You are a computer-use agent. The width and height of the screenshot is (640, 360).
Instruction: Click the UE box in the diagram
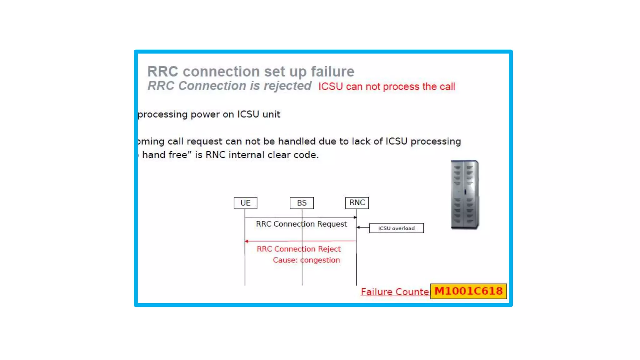[x=245, y=203]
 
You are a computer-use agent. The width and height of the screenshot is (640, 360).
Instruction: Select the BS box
[x=302, y=203]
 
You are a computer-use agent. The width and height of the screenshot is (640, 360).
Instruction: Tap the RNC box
[x=357, y=202]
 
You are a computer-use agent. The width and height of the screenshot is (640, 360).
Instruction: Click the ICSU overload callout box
[x=396, y=228]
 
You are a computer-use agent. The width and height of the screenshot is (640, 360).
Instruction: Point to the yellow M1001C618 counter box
[x=468, y=291]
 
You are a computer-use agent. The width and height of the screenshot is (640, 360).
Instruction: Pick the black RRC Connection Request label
[x=301, y=224]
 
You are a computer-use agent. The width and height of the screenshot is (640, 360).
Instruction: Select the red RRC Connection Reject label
[x=298, y=249]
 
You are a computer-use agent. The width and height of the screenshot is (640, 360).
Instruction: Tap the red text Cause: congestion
[x=306, y=260]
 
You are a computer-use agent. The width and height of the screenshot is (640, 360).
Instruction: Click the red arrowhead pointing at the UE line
[x=247, y=241]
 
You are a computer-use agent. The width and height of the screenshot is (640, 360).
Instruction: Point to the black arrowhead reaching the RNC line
[x=355, y=217]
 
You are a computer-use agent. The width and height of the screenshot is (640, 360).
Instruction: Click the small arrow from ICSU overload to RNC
[x=362, y=227]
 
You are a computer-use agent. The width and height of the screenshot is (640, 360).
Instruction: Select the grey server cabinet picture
[x=465, y=194]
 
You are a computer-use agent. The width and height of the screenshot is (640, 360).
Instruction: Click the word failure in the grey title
[x=332, y=72]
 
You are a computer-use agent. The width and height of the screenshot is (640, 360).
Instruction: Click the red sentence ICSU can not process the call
[x=387, y=87]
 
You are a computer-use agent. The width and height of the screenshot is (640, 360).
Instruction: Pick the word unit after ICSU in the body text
[x=271, y=114]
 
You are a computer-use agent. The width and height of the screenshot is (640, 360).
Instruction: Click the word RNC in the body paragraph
[x=215, y=155]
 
